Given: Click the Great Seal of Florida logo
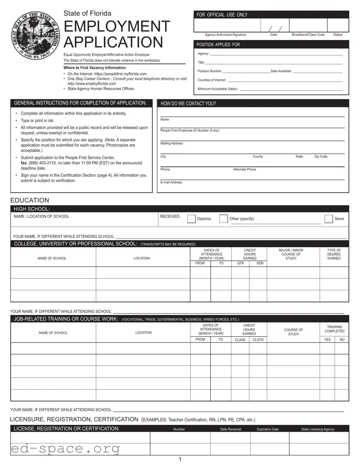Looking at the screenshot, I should point(36,35).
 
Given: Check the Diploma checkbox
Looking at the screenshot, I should point(191,219).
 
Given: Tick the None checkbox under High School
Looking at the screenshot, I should point(329,219).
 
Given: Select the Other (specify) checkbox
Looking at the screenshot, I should point(224,219).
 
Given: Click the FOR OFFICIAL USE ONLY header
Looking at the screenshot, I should point(222,15).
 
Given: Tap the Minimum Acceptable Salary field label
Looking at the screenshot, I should point(218,89).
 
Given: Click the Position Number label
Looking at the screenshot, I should point(209,71).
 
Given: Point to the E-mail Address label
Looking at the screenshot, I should point(171,183).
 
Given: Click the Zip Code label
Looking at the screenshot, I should point(321,157).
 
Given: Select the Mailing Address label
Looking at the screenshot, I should point(172,143).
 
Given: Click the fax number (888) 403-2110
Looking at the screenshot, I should point(45,163).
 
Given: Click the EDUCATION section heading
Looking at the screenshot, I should point(29,200).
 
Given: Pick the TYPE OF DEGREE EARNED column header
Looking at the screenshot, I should point(334,254).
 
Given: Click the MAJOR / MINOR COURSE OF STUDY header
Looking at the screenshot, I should point(291,254).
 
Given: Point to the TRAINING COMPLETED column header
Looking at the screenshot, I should point(335,329).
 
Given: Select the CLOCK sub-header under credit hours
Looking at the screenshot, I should point(258,340).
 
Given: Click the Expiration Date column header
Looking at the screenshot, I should point(268,429).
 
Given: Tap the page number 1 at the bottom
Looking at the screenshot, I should point(180,460).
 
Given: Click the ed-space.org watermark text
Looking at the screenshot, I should point(65,449).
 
